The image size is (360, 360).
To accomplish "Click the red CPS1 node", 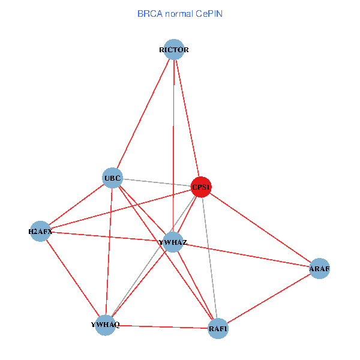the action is (x=201, y=187).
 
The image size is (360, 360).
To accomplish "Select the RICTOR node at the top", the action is (x=174, y=49).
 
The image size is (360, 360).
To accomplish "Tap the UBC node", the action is (x=113, y=178).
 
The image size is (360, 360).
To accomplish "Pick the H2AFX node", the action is (x=40, y=231).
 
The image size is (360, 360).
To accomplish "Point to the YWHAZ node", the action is (x=173, y=242).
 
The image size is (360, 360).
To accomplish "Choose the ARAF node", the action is (x=319, y=268).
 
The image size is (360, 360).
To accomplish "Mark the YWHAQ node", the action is (x=106, y=325).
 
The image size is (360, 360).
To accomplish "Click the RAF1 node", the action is (x=218, y=328).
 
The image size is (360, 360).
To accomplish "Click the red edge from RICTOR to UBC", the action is (x=143, y=113).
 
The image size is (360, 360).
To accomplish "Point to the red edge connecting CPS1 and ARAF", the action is (x=260, y=228).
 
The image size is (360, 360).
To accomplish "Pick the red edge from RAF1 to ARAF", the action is (x=269, y=298).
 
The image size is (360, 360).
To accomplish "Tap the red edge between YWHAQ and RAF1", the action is (x=162, y=326).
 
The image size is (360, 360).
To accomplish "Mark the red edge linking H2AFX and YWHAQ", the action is (x=73, y=278).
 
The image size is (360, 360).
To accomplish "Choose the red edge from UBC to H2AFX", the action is (x=77, y=204).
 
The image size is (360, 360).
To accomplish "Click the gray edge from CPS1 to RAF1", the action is (x=209, y=258).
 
